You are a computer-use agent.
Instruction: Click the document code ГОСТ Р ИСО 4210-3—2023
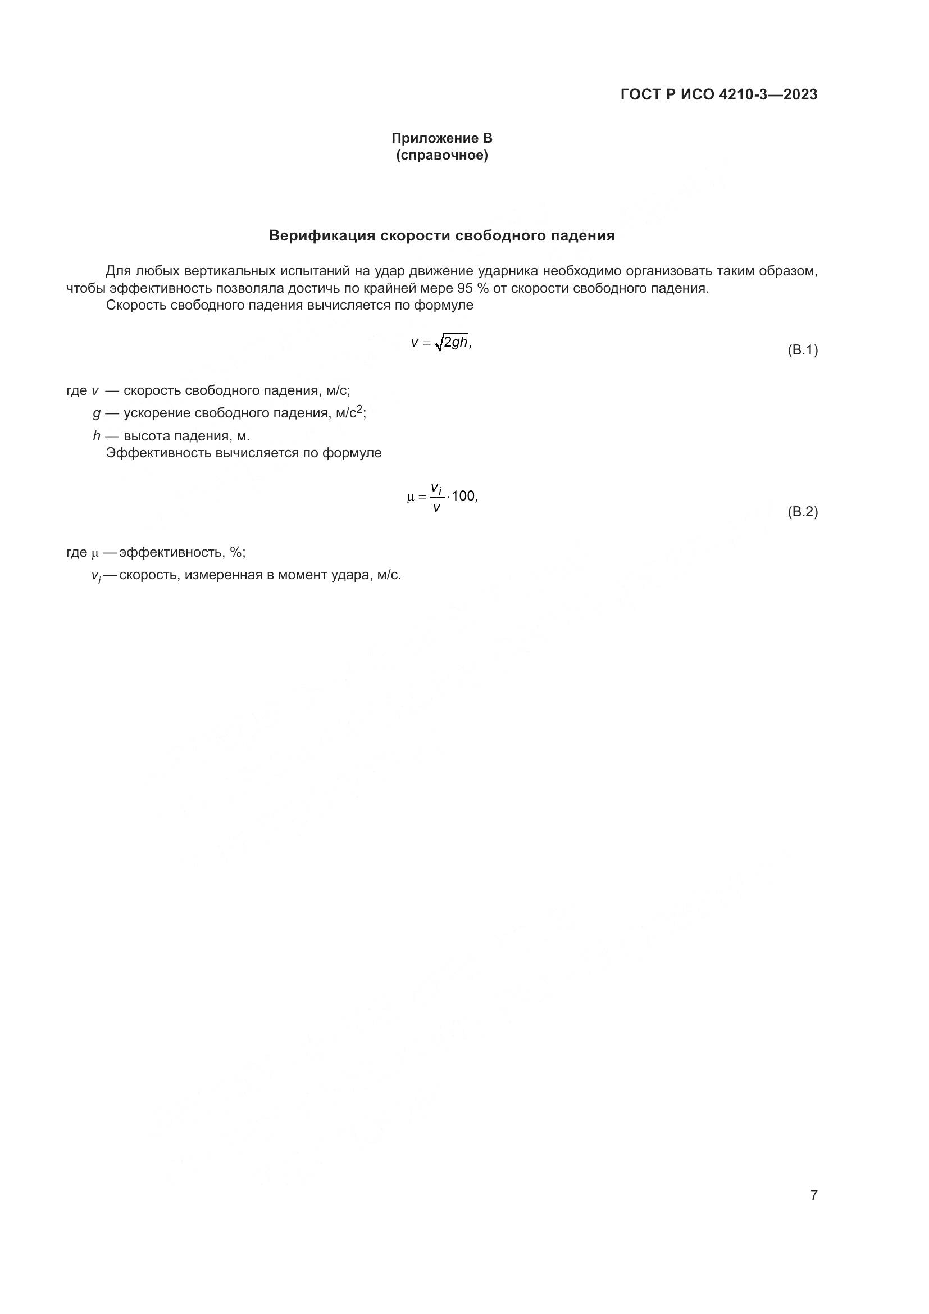point(718,95)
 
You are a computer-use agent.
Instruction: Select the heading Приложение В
point(441,138)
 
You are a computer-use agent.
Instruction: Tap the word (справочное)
point(441,155)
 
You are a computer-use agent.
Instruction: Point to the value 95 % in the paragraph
point(472,288)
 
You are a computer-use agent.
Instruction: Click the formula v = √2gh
point(441,343)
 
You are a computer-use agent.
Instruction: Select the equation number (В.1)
point(803,350)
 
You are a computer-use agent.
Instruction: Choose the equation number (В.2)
point(803,512)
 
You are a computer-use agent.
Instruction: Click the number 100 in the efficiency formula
point(463,496)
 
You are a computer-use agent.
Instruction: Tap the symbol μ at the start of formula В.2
point(410,497)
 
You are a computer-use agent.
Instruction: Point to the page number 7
point(813,1195)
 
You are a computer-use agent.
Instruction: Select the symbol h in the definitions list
point(97,436)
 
